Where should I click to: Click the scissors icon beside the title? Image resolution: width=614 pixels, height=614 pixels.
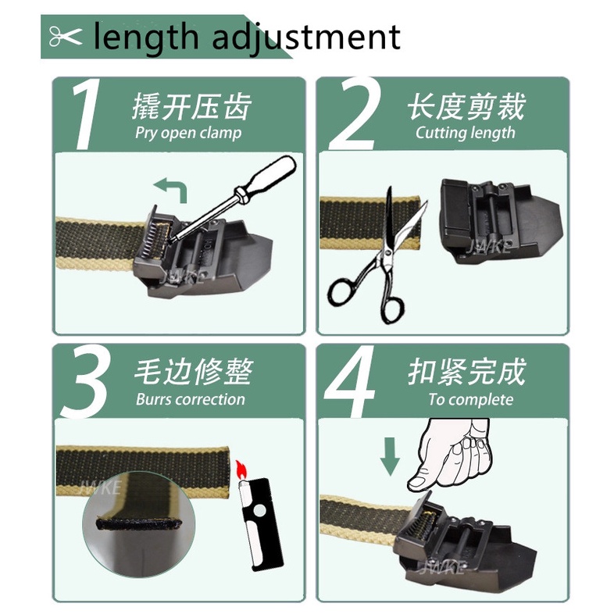(x=66, y=37)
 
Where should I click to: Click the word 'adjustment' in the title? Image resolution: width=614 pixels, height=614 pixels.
(x=306, y=38)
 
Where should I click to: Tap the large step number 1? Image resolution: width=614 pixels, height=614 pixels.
(x=85, y=114)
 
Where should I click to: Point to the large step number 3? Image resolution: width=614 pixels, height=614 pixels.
(x=84, y=381)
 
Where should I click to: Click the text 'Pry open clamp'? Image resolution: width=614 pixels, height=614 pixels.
(x=188, y=133)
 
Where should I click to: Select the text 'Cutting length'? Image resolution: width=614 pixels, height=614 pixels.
(x=466, y=133)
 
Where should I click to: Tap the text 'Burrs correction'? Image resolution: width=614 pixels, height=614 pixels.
(x=191, y=399)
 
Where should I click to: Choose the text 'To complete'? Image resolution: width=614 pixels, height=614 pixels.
(x=471, y=400)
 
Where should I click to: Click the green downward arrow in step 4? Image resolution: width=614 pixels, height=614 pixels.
(x=390, y=456)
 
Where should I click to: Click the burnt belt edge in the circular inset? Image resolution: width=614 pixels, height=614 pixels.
(x=139, y=523)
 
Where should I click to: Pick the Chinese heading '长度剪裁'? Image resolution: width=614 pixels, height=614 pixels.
(x=466, y=106)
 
